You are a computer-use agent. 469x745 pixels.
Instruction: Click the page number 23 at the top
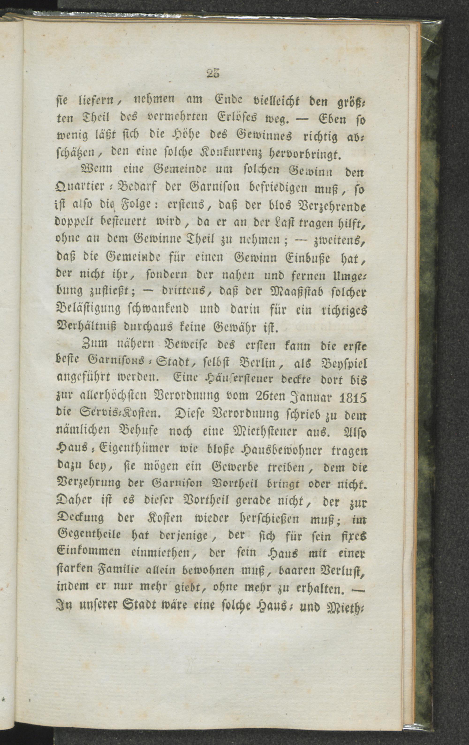(x=212, y=74)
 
